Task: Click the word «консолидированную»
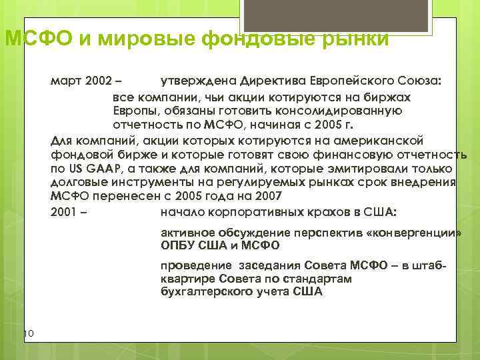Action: point(345,111)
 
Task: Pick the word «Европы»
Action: point(137,111)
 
